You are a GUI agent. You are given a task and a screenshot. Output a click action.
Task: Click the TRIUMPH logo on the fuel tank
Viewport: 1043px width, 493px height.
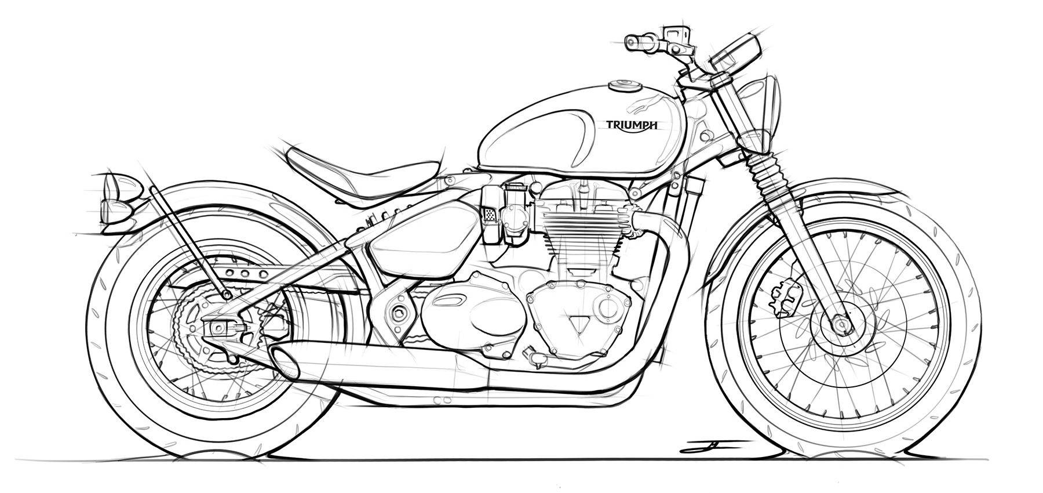(631, 124)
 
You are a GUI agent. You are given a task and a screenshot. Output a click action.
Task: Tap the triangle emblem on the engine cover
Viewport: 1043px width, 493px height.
(576, 324)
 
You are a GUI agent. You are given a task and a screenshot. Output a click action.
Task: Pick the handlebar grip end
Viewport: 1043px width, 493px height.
(633, 42)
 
